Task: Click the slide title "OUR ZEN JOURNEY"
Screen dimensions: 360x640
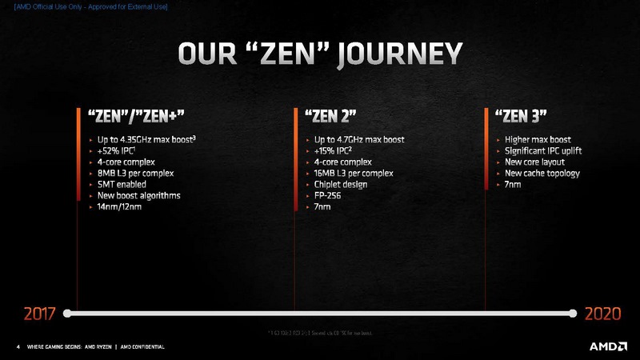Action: pyautogui.click(x=319, y=54)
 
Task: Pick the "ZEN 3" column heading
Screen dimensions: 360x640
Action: pyautogui.click(x=521, y=117)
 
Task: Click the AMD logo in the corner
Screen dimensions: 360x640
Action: pyautogui.click(x=607, y=346)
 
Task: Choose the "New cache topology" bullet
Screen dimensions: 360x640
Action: pyautogui.click(x=542, y=174)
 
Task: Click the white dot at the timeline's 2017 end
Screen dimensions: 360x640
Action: pyautogui.click(x=68, y=313)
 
